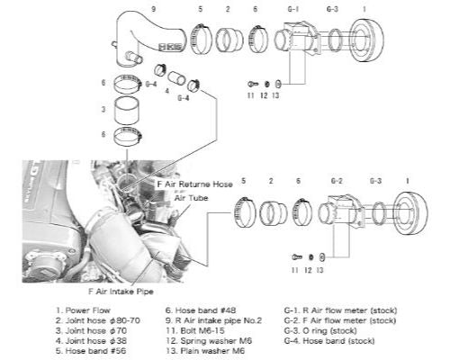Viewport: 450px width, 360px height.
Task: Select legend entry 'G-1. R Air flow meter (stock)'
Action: [346, 310]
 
